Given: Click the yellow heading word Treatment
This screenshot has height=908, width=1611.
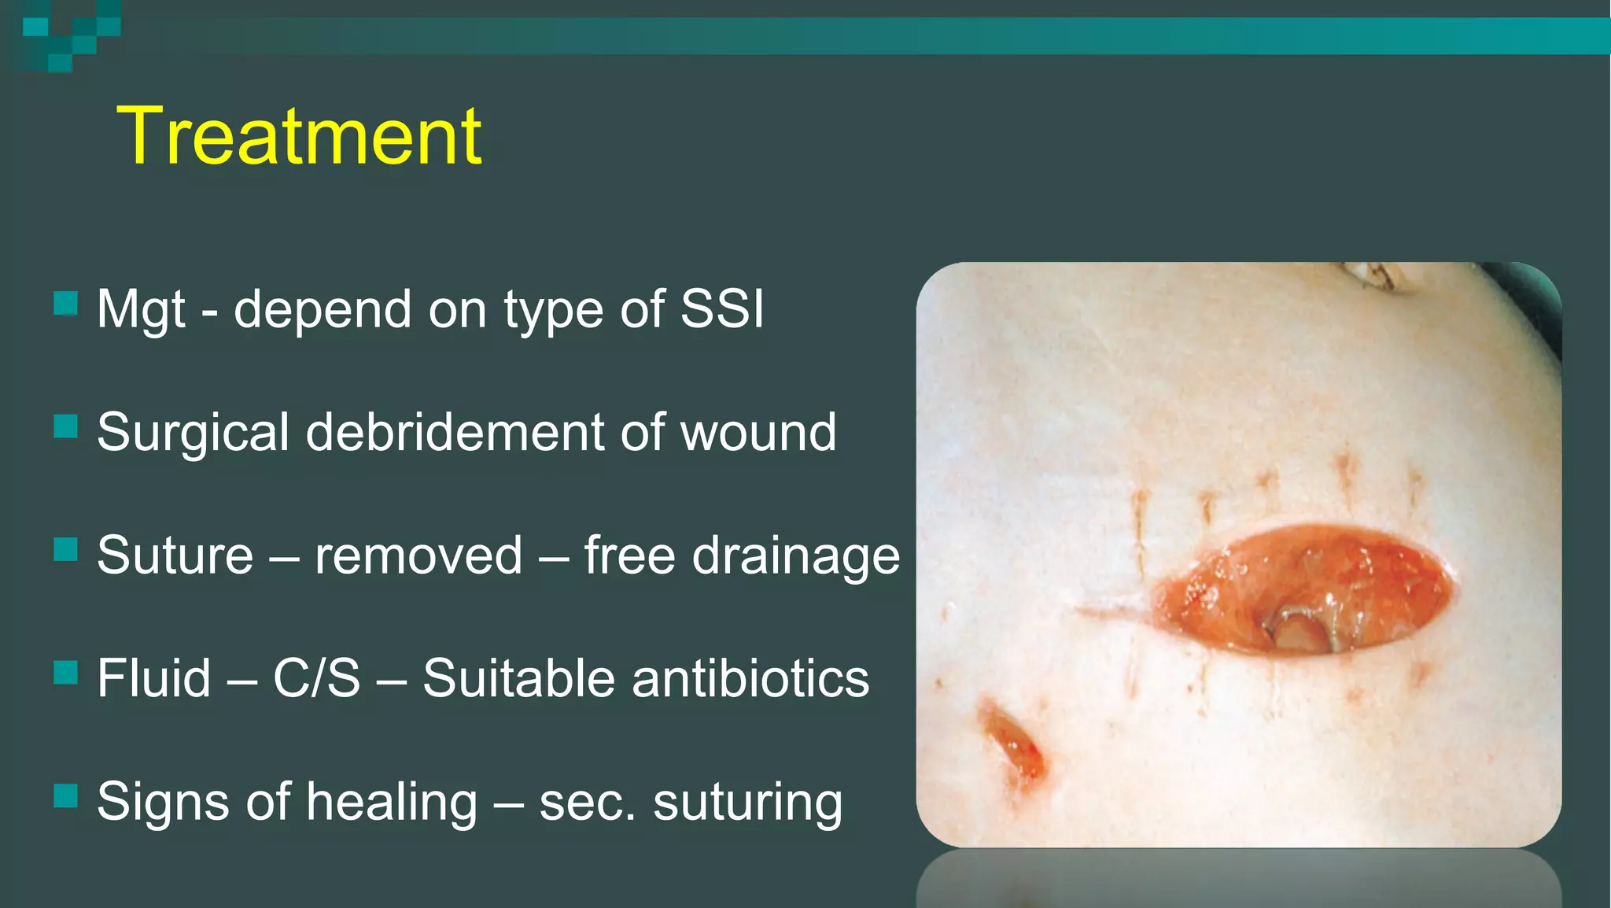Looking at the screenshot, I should point(299,137).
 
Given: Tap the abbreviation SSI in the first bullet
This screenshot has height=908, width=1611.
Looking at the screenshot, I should point(722,308).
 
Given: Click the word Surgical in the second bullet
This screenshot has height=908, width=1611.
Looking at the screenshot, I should point(194,433).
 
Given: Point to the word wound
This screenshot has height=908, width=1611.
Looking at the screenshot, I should point(758,433).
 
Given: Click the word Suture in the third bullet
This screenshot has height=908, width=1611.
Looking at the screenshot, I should point(175,556).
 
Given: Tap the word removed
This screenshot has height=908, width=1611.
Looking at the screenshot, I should point(418,556).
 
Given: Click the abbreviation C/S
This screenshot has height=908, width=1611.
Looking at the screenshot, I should point(316,678).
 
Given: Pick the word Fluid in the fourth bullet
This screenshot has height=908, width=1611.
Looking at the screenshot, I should point(154,678).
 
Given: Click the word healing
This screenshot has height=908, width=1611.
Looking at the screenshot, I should point(391,803).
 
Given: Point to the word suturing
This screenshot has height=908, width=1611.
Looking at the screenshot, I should point(747,803).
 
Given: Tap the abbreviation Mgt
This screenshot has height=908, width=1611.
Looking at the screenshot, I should point(141,310).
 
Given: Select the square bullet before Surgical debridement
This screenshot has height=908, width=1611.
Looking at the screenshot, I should point(65,426).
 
